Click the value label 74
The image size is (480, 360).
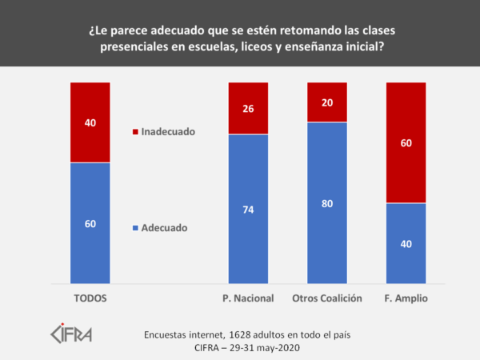(248, 209)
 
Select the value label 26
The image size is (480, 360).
(248, 109)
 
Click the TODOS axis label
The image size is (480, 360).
(90, 298)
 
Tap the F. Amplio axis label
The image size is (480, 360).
(406, 298)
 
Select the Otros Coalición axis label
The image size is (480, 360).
(326, 298)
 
